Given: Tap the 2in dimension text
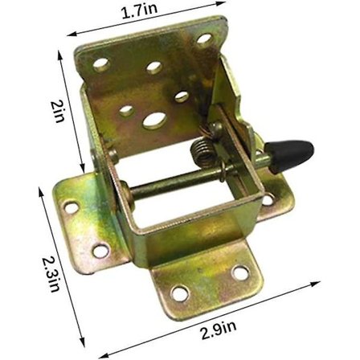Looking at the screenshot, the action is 57,111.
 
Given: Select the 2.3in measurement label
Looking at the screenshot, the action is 51,275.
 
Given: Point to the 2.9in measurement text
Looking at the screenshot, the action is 219,329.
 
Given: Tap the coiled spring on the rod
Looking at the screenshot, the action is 202,153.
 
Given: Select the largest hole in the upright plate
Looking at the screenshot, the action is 155,121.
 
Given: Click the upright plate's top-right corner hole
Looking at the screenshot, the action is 204,39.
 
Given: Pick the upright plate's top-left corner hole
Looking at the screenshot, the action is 101,64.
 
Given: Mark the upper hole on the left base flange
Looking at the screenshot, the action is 72,207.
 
